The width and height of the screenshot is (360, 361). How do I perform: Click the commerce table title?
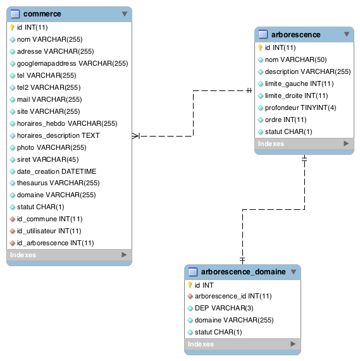42,14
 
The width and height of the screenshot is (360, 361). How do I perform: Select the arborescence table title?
295,35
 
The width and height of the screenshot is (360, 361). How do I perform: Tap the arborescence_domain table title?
243,272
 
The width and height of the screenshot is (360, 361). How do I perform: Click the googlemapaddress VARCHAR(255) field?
73,63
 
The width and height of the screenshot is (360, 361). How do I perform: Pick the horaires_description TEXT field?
58,135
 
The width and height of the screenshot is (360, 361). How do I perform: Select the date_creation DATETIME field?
57,171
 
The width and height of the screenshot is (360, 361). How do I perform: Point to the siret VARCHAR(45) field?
48,159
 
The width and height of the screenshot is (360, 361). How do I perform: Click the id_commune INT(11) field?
50,219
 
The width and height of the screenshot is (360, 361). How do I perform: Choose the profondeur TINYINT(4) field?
301,107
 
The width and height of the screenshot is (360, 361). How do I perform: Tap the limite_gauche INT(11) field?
299,83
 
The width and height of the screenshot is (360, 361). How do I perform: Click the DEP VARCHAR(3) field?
224,308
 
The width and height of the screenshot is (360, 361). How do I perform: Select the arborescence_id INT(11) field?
233,296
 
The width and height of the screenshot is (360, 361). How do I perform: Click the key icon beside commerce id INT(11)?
12,27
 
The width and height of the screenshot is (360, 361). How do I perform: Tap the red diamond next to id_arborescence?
13,243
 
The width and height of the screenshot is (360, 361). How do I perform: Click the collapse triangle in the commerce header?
125,14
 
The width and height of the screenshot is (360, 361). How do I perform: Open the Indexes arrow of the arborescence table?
346,144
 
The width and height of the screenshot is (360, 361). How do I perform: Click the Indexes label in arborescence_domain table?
201,344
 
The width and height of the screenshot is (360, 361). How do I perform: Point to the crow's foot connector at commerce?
136,136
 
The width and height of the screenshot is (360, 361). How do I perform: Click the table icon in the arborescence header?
263,34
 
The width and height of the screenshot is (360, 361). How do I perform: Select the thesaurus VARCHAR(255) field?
58,183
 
